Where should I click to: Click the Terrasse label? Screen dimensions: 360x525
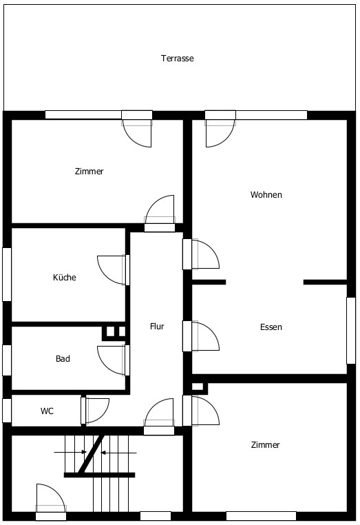[x=178, y=59]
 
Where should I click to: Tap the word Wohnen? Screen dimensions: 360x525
[x=266, y=194]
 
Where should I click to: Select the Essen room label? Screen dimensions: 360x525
[x=271, y=327]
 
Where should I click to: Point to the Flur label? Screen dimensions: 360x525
[x=157, y=326]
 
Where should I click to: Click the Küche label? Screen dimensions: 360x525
[x=65, y=277]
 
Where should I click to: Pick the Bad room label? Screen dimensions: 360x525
[x=63, y=358]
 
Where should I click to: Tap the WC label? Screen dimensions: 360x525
[x=47, y=411]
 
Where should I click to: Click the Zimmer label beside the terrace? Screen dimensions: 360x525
[x=89, y=171]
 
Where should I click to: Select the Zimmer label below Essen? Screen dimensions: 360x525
[x=265, y=444]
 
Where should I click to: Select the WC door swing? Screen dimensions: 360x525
[x=103, y=416]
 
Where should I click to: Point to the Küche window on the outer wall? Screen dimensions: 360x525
[x=7, y=274]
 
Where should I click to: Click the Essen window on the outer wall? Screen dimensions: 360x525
[x=350, y=331]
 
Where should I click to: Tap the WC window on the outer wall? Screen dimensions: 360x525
[x=7, y=410]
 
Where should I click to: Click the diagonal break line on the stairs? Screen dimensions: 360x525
[x=90, y=454]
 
